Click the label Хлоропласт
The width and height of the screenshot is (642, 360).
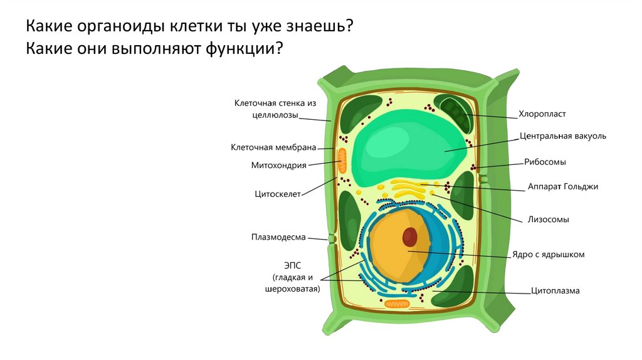(542, 114)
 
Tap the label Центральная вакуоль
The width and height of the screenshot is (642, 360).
(562, 135)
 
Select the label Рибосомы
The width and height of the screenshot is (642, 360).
(545, 162)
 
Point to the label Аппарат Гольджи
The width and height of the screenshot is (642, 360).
(563, 187)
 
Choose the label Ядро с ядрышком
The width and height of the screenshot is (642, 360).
(548, 255)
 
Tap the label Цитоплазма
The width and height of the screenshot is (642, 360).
(555, 290)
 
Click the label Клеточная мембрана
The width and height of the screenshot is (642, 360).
(273, 147)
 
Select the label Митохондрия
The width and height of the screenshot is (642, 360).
(278, 166)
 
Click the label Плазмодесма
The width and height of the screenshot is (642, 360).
(278, 237)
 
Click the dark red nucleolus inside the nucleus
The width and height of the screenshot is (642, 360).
(409, 236)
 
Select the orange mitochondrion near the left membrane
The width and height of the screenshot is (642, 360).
(342, 161)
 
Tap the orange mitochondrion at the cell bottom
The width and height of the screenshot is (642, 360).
(396, 304)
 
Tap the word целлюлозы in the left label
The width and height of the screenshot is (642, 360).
(275, 115)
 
